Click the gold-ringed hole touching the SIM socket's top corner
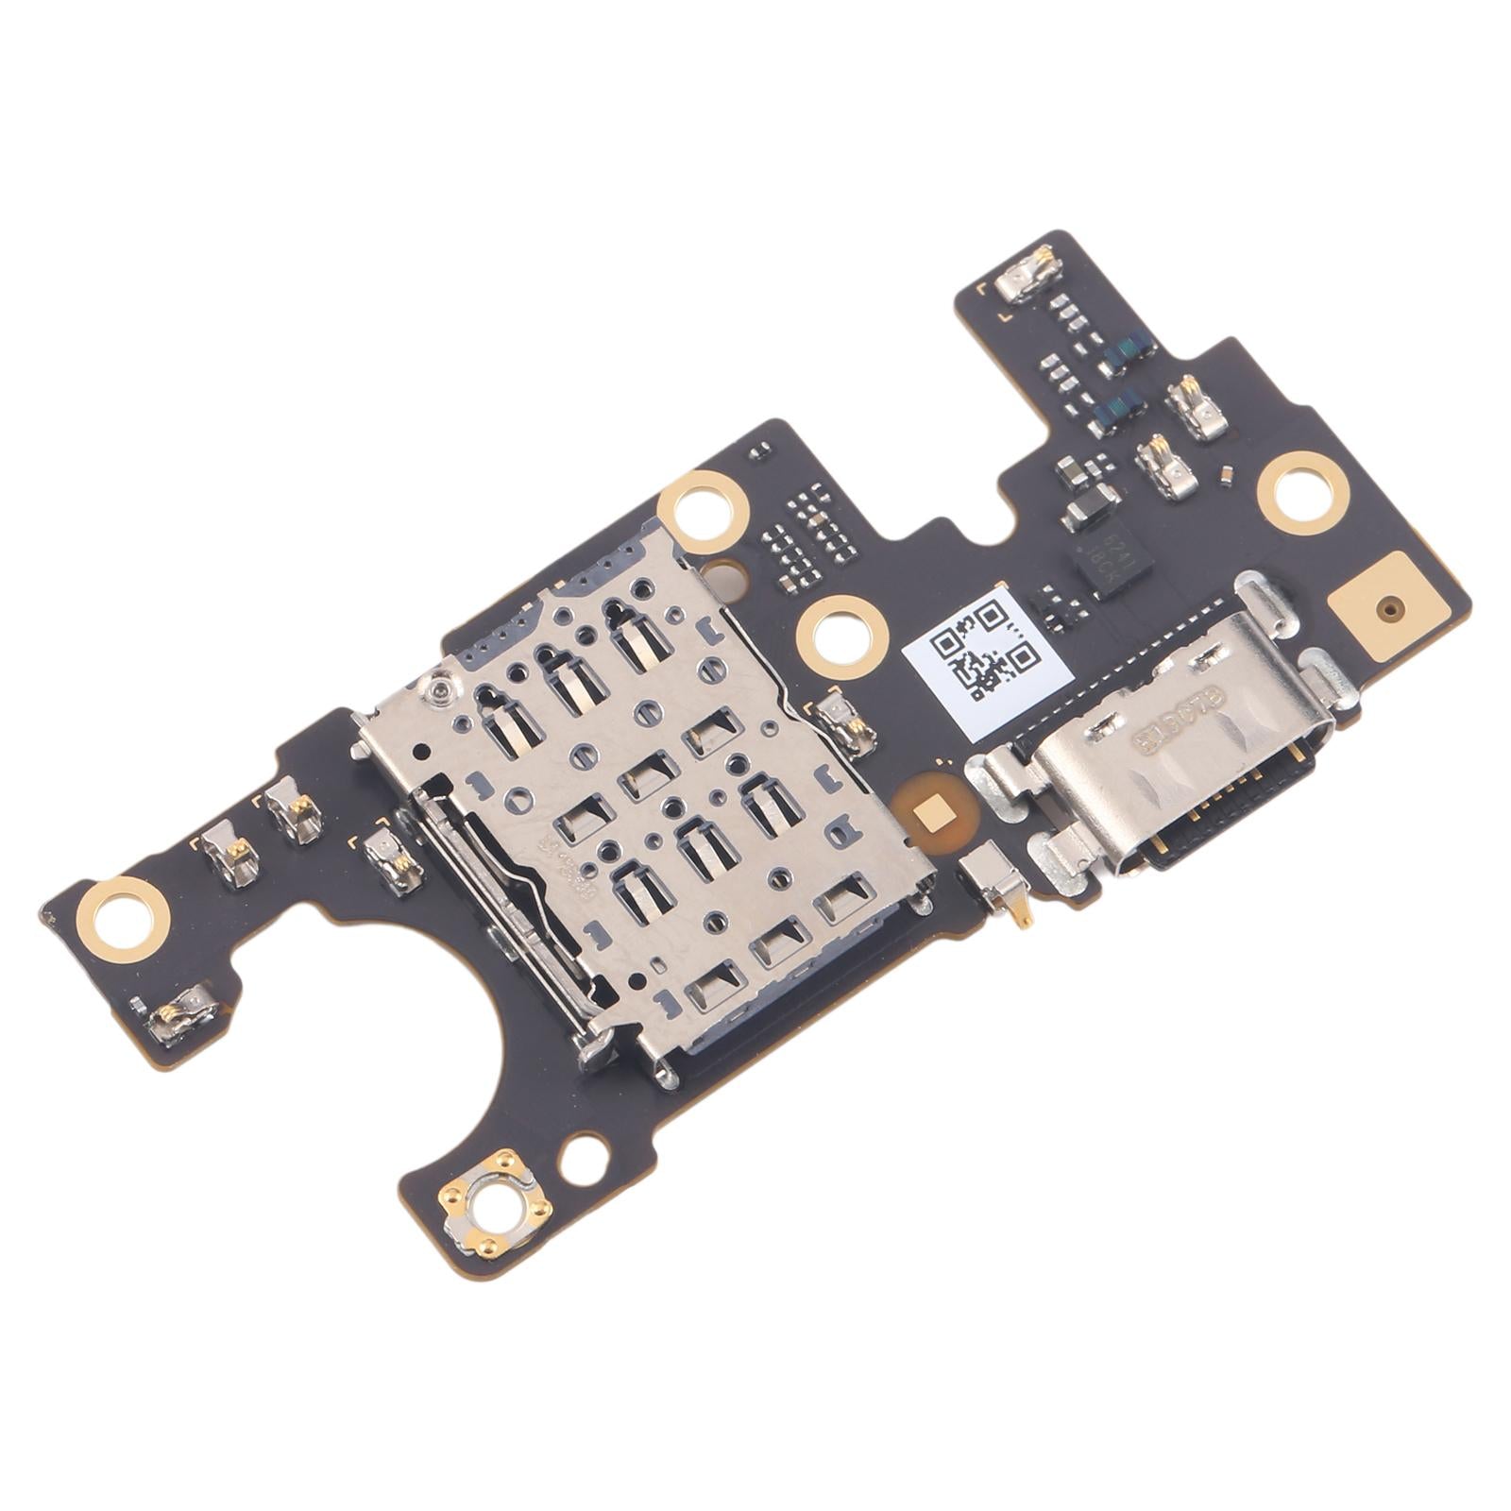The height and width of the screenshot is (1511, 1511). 704,511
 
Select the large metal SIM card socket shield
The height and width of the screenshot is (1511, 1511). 642,803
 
